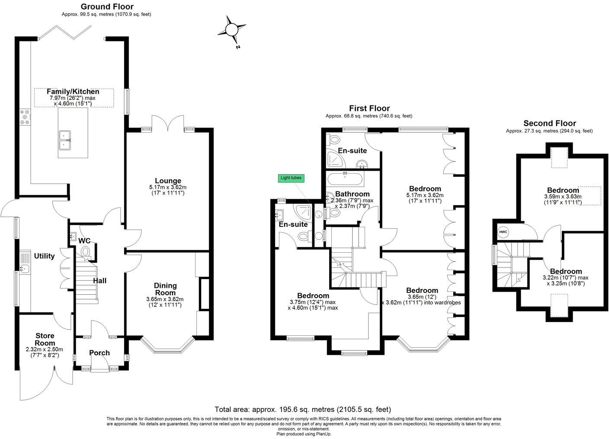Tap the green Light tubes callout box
point(291,178)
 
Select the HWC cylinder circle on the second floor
point(503,232)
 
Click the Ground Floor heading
point(107,6)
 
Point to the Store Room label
point(45,339)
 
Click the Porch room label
point(99,353)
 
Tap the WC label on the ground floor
point(84,241)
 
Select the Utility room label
point(45,256)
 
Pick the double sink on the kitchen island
point(65,139)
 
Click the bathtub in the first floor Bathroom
point(345,179)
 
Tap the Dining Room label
point(165,289)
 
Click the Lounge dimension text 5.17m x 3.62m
point(168,187)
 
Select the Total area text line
point(303,409)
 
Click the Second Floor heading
point(549,123)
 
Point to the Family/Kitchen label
point(73,92)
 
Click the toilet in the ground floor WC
point(85,251)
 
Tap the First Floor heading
point(369,108)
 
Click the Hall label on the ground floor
point(99,281)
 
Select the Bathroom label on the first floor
point(352,194)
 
